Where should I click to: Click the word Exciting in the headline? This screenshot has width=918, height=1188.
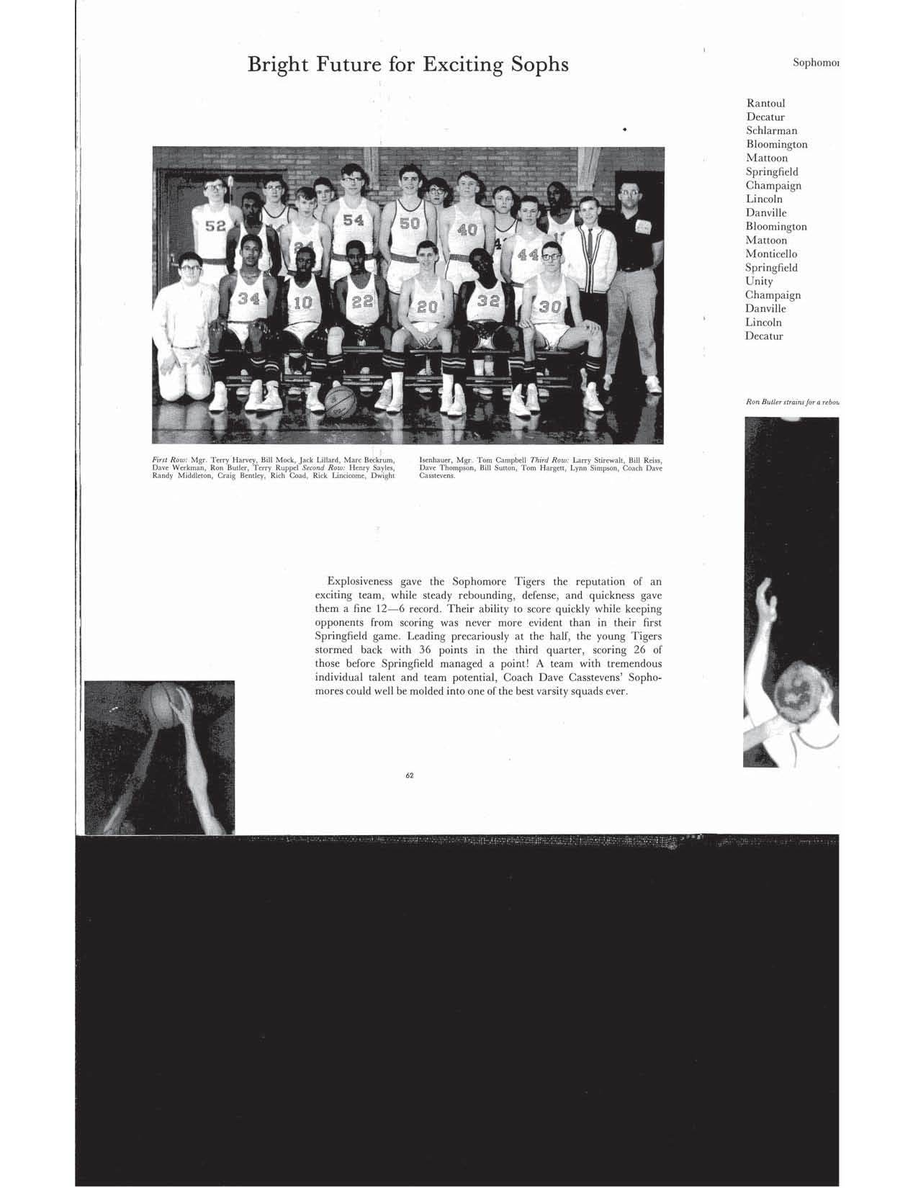[x=461, y=65]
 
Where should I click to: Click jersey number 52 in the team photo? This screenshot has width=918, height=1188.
[x=215, y=226]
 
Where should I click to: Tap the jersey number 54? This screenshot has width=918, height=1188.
[x=353, y=220]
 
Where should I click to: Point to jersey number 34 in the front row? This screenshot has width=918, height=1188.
[x=248, y=298]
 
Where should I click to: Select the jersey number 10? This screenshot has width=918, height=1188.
[x=302, y=303]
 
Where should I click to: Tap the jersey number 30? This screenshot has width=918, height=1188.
[x=550, y=306]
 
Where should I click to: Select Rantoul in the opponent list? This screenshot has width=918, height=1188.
[x=765, y=103]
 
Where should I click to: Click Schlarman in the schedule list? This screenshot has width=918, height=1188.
[x=771, y=130]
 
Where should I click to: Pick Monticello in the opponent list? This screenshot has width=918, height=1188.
[x=771, y=253]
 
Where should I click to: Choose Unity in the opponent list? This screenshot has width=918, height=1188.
[x=759, y=281]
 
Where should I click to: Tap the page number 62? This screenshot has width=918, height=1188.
[x=409, y=775]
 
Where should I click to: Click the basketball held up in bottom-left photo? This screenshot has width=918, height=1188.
[x=164, y=704]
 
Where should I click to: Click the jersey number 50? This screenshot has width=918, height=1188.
[x=409, y=223]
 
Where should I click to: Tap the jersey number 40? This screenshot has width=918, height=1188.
[x=467, y=230]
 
